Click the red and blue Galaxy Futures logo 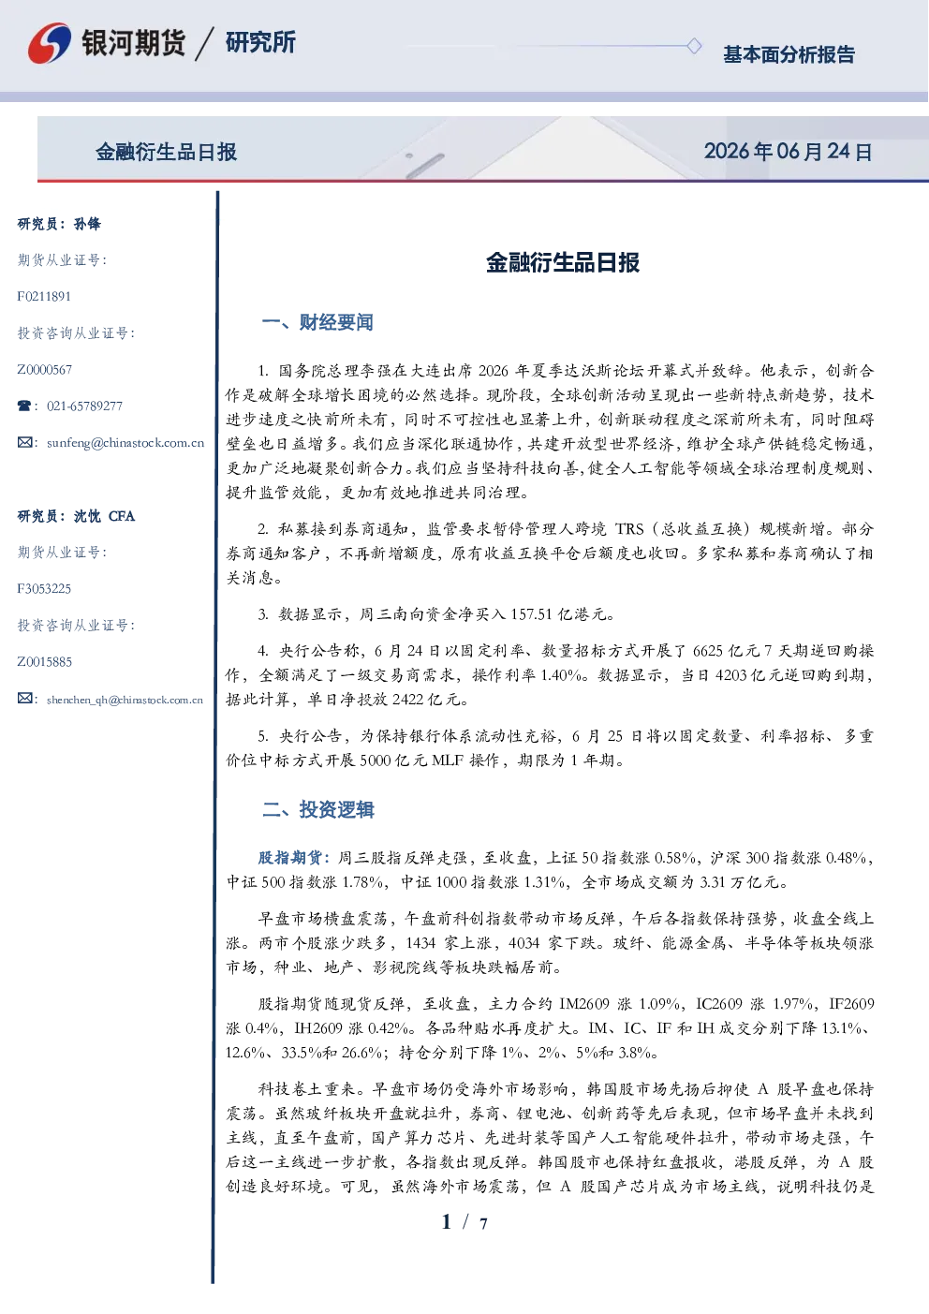pyautogui.click(x=50, y=42)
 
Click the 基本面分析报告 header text pyautogui.click(x=789, y=54)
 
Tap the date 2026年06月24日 pyautogui.click(x=789, y=152)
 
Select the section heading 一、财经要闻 pyautogui.click(x=317, y=322)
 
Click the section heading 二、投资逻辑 pyautogui.click(x=317, y=809)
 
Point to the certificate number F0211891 pyautogui.click(x=44, y=296)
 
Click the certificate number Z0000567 pyautogui.click(x=45, y=370)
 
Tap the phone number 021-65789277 pyautogui.click(x=84, y=406)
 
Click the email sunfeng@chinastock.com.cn pyautogui.click(x=125, y=443)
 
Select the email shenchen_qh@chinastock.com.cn pyautogui.click(x=125, y=700)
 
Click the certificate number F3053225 pyautogui.click(x=44, y=589)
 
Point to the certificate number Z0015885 pyautogui.click(x=45, y=662)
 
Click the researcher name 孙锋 pyautogui.click(x=87, y=224)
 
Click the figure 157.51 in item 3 pyautogui.click(x=531, y=614)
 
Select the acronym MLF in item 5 pyautogui.click(x=448, y=760)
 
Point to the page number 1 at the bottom pyautogui.click(x=447, y=1222)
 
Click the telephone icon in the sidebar pyautogui.click(x=24, y=406)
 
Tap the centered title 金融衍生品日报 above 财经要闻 pyautogui.click(x=563, y=262)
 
